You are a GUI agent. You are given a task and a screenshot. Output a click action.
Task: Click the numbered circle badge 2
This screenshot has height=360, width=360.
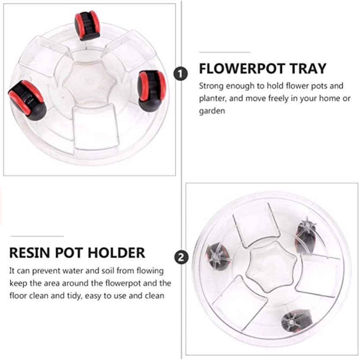click(x=181, y=257)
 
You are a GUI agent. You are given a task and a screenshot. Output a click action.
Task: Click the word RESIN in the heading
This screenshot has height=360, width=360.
click(x=30, y=253)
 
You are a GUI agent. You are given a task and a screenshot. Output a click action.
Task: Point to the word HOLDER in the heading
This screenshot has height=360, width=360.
click(x=116, y=253)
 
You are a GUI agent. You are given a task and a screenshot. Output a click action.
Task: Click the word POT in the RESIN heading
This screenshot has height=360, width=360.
click(x=69, y=253)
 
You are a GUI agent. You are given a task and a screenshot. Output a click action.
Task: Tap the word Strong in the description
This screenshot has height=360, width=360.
click(x=211, y=86)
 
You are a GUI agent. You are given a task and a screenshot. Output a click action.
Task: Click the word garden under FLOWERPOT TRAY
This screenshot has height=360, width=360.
click(x=212, y=111)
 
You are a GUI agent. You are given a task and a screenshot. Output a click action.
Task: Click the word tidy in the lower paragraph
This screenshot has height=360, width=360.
click(x=75, y=296)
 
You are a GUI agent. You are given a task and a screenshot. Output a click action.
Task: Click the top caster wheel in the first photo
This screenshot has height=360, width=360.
click(x=87, y=25)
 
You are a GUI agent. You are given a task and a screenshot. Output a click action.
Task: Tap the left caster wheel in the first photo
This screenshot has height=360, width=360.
click(x=28, y=100)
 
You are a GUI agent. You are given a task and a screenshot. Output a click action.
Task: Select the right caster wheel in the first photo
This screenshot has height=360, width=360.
click(x=151, y=91)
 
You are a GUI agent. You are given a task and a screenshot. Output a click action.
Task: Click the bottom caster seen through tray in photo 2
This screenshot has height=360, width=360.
click(x=297, y=321)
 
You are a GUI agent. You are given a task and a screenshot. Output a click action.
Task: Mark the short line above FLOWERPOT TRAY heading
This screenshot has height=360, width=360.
click(x=225, y=53)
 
